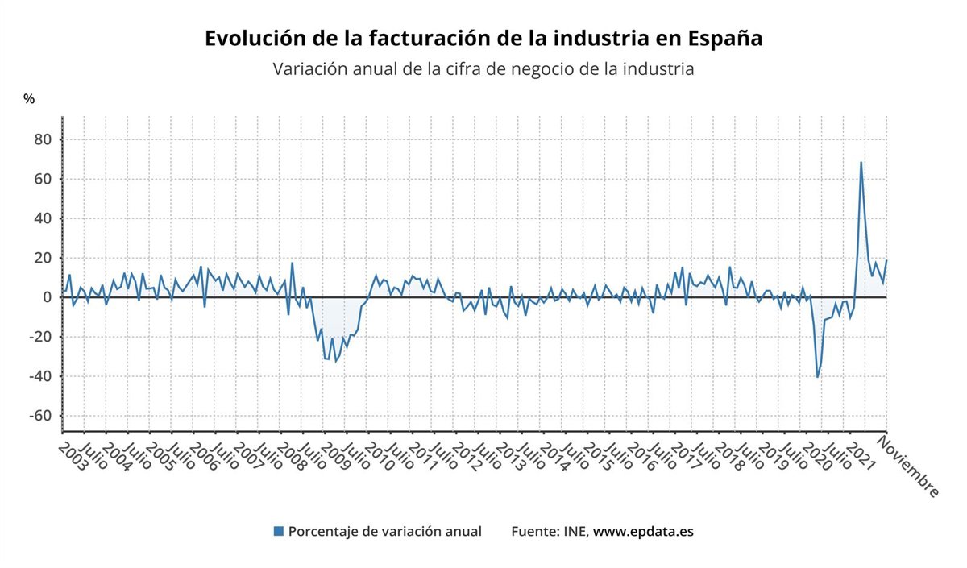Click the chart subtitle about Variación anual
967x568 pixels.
(483, 69)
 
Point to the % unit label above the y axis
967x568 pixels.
(29, 98)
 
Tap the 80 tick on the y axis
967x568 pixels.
(42, 139)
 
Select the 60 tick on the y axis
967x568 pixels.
(42, 179)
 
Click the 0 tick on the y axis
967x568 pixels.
(47, 297)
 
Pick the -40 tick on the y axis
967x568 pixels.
(39, 376)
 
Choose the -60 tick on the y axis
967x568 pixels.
(39, 416)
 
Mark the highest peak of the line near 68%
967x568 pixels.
(861, 163)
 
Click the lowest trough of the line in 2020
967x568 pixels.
(817, 377)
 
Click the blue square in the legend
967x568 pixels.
(279, 531)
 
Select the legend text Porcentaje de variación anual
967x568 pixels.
(385, 531)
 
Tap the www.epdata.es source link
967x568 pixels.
(643, 531)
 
